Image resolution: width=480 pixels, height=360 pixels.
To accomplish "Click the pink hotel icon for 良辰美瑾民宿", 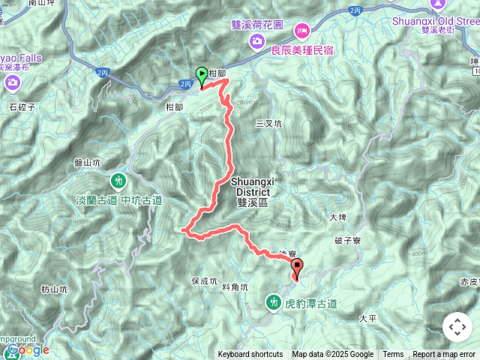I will [303, 30].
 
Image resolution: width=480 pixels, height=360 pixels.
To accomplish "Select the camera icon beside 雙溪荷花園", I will [257, 38].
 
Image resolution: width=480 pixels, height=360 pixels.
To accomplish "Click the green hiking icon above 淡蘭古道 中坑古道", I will [119, 181].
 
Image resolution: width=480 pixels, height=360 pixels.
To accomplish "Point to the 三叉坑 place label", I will [268, 123].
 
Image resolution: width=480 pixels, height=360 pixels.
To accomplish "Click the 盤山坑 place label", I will [88, 162].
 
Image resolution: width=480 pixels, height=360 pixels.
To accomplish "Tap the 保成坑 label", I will [204, 282].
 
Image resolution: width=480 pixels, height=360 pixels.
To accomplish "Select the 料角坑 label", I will [235, 286].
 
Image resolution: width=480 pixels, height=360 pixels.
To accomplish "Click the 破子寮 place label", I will [348, 241].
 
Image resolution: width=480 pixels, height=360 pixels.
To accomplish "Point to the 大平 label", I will [367, 318].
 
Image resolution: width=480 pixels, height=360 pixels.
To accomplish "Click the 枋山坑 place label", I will [54, 288].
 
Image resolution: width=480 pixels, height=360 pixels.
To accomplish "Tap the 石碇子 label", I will [22, 106].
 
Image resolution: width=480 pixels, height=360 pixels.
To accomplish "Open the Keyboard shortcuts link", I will [250, 355].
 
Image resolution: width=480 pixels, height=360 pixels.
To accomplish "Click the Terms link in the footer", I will [393, 355].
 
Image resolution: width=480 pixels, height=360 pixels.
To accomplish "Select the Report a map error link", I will [444, 355].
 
